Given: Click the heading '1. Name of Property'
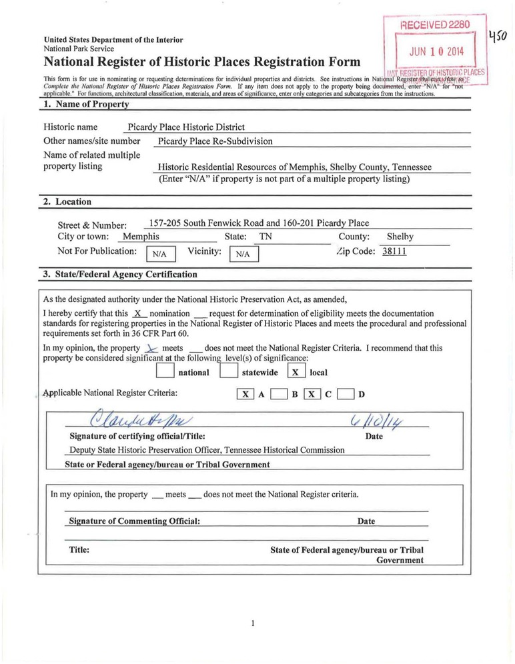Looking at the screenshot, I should click(x=86, y=105).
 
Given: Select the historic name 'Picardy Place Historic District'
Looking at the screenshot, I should click(x=186, y=127).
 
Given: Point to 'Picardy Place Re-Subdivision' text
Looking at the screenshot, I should click(x=215, y=141).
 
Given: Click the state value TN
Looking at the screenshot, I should click(x=266, y=237).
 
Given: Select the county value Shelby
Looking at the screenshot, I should click(x=400, y=237).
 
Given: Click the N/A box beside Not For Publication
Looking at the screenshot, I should click(x=159, y=253).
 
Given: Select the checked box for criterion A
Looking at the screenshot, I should click(x=245, y=394).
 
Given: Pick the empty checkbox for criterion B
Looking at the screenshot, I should click(x=280, y=394).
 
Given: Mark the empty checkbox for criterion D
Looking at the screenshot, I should click(x=346, y=394).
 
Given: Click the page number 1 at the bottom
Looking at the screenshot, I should click(x=253, y=623).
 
